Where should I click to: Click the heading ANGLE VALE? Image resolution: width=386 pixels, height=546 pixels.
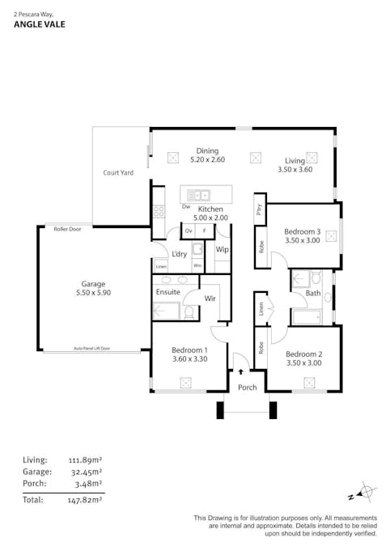coord(40,24)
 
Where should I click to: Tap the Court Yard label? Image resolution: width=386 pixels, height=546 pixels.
coord(118,172)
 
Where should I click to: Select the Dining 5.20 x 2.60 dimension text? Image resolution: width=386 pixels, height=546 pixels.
coord(207,160)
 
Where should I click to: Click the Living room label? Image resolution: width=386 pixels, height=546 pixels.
coord(294,160)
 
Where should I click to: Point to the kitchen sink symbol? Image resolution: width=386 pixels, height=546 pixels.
coord(198,195)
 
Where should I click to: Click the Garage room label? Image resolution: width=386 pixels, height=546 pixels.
coord(93,284)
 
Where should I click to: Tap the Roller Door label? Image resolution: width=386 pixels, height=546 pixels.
coord(67,230)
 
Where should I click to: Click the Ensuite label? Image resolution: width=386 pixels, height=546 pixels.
coord(168,291)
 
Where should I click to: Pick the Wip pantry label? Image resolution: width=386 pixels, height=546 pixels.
coord(222,250)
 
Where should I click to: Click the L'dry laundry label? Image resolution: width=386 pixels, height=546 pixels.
coord(180,253)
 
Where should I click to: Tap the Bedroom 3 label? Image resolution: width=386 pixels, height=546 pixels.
coord(302,231)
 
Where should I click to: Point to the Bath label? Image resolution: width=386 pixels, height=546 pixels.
coord(312,294)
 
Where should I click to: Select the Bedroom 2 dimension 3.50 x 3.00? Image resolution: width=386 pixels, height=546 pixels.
coord(303,363)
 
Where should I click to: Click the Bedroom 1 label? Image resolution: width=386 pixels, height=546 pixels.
coord(189,350)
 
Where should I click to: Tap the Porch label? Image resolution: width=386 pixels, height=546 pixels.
coord(247,387)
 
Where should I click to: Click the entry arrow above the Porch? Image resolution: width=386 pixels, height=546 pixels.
coord(240,371)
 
